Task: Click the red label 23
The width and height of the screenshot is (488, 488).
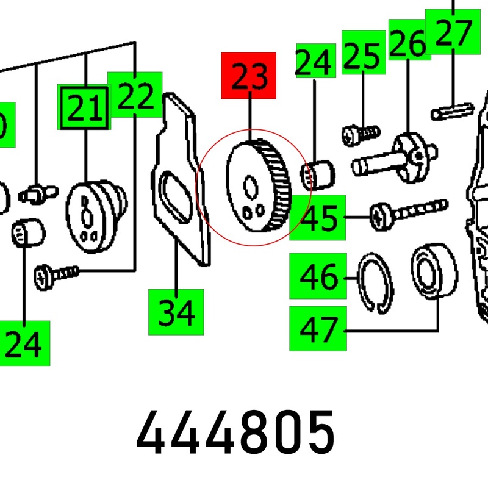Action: (x=248, y=76)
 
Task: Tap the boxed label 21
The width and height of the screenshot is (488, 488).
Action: (x=84, y=107)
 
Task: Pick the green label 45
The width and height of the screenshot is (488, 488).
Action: (x=317, y=218)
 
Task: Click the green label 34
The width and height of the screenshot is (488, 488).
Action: (x=176, y=312)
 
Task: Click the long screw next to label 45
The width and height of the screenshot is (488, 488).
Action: (x=408, y=210)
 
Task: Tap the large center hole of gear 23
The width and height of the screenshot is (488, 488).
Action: (x=250, y=185)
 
